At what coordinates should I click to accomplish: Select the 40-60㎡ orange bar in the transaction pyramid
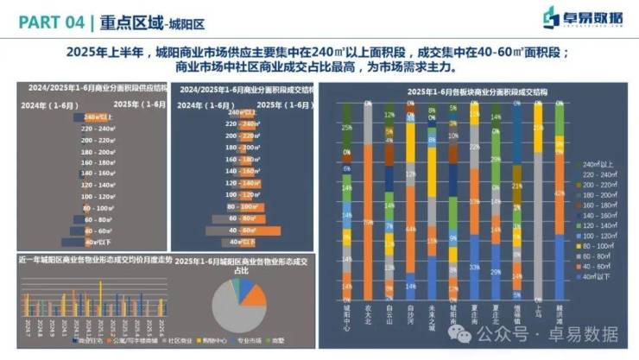(x=238, y=231)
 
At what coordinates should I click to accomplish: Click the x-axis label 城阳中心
(x=346, y=314)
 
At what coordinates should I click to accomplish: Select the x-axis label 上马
(x=537, y=311)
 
